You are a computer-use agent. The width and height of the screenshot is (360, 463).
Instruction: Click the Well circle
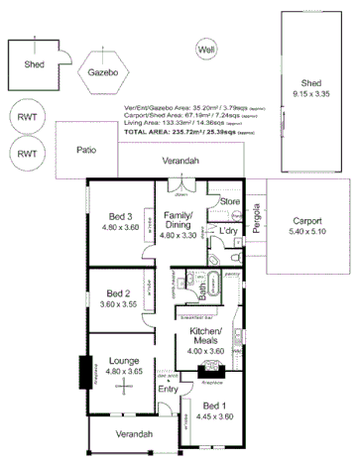coord(206,50)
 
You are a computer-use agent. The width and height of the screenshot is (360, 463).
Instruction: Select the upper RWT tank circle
coord(27,117)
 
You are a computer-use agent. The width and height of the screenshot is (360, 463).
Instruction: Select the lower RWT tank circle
coord(27,154)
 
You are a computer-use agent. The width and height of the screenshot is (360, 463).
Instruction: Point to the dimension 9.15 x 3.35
coord(311,92)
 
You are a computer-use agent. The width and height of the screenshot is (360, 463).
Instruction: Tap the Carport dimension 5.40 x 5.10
coord(307,233)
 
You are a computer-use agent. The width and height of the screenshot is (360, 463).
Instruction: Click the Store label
coord(230,202)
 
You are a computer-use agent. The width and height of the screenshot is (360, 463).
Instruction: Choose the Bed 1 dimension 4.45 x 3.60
coord(216,416)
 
